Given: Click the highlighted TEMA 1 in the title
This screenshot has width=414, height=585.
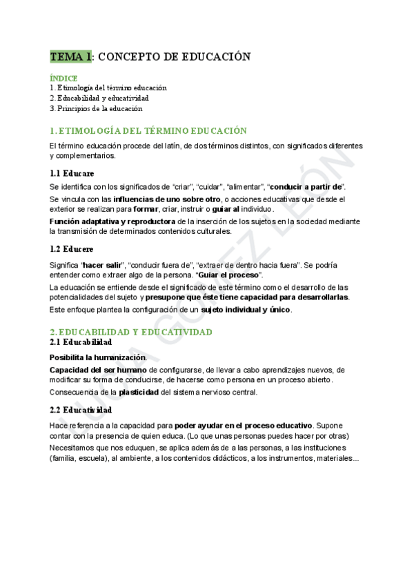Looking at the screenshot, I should click(70, 57).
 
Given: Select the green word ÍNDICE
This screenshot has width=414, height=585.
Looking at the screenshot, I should click(63, 78).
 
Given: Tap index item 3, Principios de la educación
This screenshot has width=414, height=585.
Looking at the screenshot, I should click(96, 108).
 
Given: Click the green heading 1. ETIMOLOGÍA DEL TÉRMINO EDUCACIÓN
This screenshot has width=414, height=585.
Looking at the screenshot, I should click(148, 130).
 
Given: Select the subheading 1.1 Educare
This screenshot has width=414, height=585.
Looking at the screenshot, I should click(72, 173).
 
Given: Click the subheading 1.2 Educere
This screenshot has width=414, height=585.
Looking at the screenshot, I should click(72, 248).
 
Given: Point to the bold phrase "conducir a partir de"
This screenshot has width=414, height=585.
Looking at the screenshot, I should click(306, 187).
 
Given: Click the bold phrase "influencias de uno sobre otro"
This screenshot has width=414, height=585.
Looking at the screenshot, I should click(166, 199).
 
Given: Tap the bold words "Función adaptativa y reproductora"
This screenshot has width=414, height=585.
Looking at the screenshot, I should click(112, 221).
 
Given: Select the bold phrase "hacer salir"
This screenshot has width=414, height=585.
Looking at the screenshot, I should click(102, 265).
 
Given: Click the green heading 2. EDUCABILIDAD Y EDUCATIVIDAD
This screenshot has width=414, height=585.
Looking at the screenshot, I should click(131, 332).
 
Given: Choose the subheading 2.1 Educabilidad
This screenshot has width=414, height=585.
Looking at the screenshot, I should click(81, 342).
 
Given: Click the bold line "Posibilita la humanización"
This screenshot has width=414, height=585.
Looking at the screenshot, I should click(97, 357).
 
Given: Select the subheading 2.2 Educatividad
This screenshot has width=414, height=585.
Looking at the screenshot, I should click(81, 410).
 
